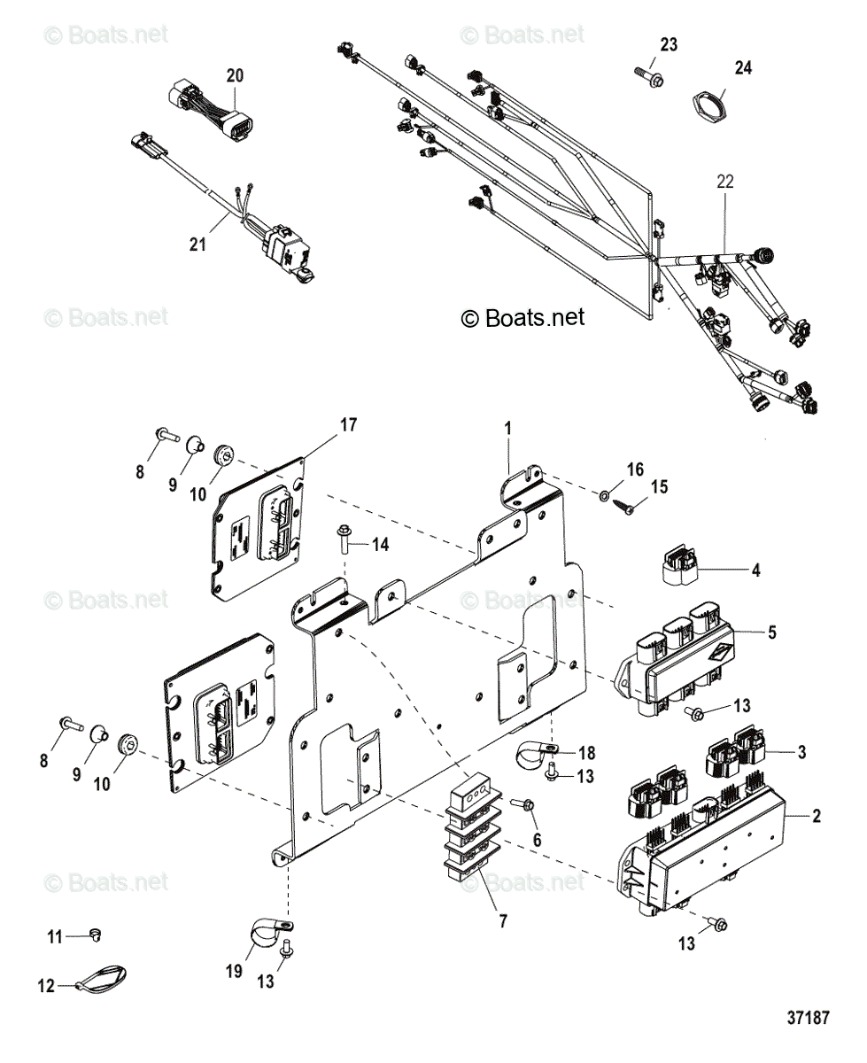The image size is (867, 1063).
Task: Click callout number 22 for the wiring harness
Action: (725, 182)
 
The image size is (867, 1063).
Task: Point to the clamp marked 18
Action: (536, 755)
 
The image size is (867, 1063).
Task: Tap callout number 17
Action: (348, 425)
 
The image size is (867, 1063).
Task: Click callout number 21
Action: (197, 244)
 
